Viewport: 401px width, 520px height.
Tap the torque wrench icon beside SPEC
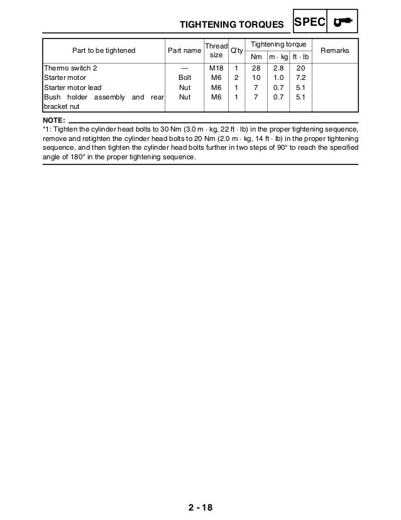pyautogui.click(x=343, y=23)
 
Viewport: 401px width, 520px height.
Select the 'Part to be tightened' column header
pyautogui.click(x=104, y=50)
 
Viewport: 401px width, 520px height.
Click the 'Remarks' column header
pyautogui.click(x=335, y=50)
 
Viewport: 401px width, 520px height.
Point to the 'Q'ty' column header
pyautogui.click(x=236, y=50)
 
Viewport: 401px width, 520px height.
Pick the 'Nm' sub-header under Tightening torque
pyautogui.click(x=256, y=56)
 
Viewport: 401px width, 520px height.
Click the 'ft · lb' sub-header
pyautogui.click(x=300, y=56)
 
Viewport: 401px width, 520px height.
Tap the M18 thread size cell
pyautogui.click(x=216, y=67)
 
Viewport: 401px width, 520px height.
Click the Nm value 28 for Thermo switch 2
pyautogui.click(x=256, y=67)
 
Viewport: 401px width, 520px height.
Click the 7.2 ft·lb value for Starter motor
pyautogui.click(x=300, y=77)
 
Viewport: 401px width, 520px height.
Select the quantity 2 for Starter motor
pyautogui.click(x=236, y=77)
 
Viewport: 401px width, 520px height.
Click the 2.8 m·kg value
pyautogui.click(x=277, y=67)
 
